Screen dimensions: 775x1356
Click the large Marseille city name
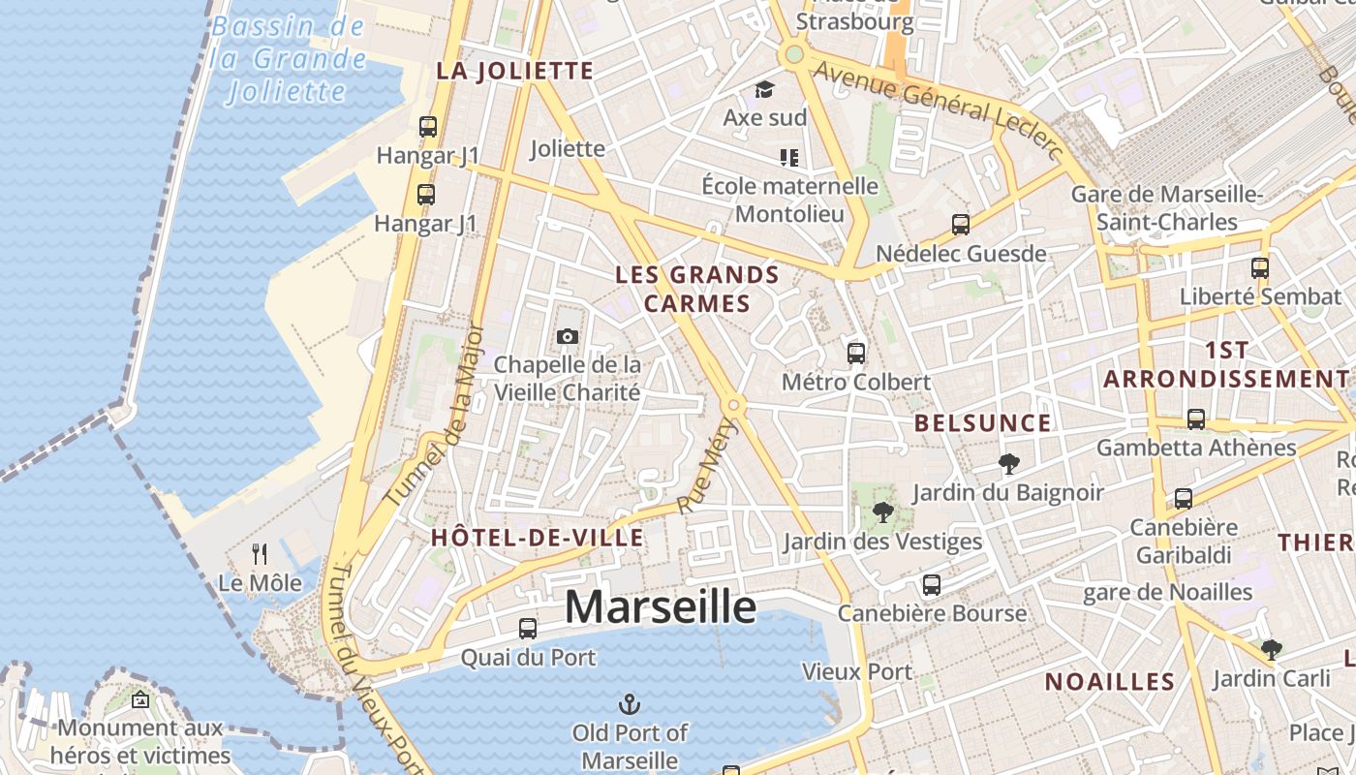coord(660,607)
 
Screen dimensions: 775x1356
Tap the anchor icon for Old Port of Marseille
coord(630,703)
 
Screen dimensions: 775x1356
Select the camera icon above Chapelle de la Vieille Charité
coord(568,336)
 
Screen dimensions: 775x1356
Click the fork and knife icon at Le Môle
coord(260,554)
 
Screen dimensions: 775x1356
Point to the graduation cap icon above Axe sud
coord(765,89)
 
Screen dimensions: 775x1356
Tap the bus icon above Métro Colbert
coord(856,353)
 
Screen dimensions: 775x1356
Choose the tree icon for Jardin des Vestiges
coord(882,512)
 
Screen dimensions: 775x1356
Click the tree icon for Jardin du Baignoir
coord(1008,464)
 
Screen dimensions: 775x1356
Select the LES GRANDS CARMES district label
coord(697,289)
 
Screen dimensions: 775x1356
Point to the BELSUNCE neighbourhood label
coord(982,423)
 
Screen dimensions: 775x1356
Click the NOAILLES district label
coord(1109,682)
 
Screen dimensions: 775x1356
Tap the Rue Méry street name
coord(708,466)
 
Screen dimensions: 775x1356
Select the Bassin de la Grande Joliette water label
coord(289,58)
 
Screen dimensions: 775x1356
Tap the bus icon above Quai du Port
coord(528,628)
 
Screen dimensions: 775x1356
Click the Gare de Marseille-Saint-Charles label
coord(1166,208)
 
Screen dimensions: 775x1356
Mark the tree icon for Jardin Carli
coord(1271,649)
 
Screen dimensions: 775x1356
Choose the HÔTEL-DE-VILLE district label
coord(537,538)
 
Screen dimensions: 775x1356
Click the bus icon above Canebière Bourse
coord(932,585)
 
